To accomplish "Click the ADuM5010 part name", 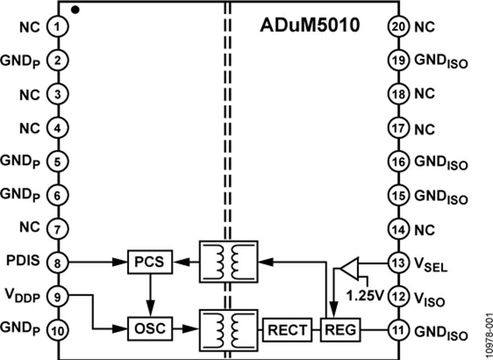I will pos(309,26).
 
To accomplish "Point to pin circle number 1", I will pos(58,26).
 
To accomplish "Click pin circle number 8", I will pos(58,261).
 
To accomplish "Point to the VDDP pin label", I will pos(24,296).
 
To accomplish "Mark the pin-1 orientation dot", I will pos(75,9).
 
